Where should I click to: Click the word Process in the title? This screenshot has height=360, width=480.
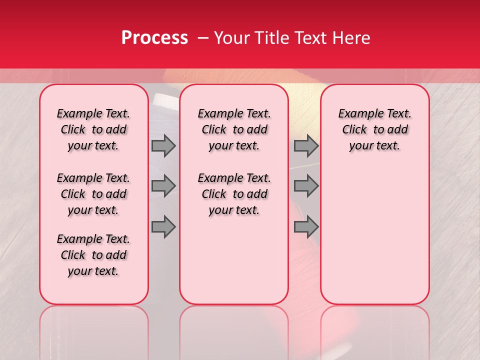click(x=154, y=38)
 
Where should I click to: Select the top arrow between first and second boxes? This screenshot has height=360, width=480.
click(x=163, y=146)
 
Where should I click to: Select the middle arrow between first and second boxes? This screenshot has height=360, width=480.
click(x=163, y=186)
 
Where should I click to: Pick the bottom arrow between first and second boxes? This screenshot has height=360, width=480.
click(x=163, y=227)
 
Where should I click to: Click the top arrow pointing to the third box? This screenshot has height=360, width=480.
click(x=306, y=146)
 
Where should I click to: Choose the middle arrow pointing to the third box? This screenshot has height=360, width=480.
click(x=306, y=186)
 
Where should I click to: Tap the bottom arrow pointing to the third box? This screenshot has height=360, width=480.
click(x=306, y=227)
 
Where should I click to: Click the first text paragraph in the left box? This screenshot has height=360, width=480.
click(x=93, y=129)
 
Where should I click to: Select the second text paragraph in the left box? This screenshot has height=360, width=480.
click(x=93, y=194)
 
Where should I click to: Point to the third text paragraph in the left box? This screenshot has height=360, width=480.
click(x=93, y=255)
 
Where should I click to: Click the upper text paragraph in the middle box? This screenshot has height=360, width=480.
click(x=234, y=129)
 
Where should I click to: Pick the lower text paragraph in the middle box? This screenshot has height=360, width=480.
click(x=234, y=194)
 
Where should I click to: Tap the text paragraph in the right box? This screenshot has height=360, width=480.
click(x=374, y=129)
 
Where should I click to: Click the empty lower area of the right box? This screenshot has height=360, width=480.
click(x=374, y=235)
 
